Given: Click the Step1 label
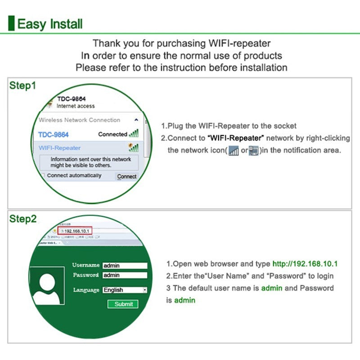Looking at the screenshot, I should click(x=22, y=85).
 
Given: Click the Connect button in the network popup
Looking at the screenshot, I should click(x=126, y=176).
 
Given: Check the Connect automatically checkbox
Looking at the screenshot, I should click(x=43, y=175).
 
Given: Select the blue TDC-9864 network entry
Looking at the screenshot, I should click(x=53, y=135).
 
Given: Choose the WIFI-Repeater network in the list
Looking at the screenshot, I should click(x=59, y=148).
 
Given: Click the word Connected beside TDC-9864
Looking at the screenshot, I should click(x=112, y=134).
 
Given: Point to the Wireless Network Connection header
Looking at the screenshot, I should click(x=79, y=120).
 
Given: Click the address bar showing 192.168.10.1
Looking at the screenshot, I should click(x=77, y=231).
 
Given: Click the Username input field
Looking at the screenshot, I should click(x=125, y=265).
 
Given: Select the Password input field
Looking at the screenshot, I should click(x=125, y=275).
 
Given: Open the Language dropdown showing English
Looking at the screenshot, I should click(x=125, y=290).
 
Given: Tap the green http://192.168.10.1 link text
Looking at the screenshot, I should click(x=305, y=264).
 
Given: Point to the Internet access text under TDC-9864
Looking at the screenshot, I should click(x=76, y=106).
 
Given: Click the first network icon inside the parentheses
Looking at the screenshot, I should click(x=234, y=151).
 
